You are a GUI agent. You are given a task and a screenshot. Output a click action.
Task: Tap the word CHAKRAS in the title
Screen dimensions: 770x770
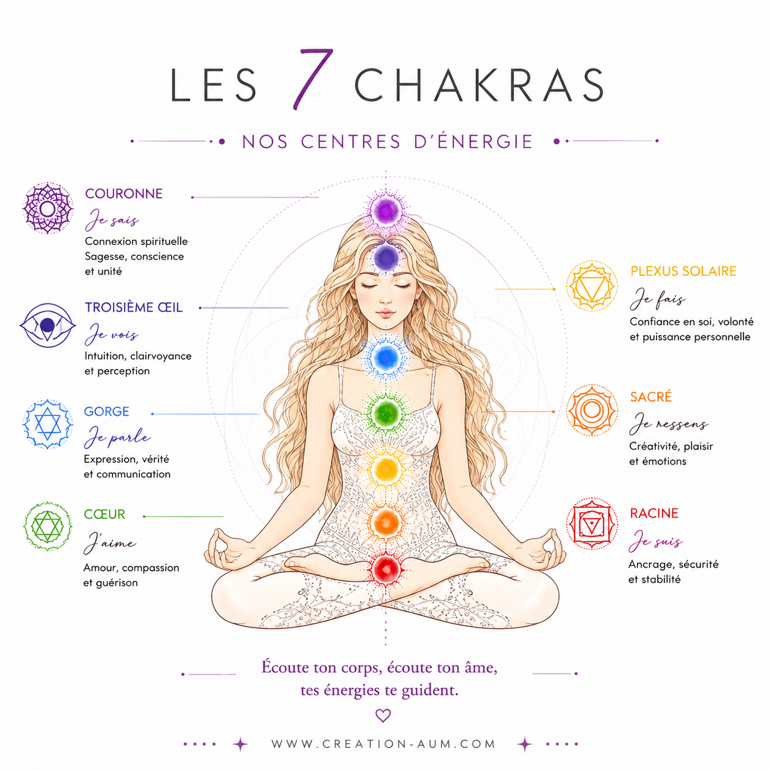tap(479, 85)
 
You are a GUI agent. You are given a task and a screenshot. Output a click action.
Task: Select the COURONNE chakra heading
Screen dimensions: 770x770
tap(124, 194)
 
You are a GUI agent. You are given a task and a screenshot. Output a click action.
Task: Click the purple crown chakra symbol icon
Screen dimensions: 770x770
tap(47, 208)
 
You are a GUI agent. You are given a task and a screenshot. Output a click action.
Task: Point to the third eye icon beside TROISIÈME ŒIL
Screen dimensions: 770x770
tap(47, 325)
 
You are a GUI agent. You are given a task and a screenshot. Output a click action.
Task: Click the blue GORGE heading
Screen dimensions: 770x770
tap(106, 411)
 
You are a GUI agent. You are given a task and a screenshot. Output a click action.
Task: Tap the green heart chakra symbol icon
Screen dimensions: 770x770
tap(47, 526)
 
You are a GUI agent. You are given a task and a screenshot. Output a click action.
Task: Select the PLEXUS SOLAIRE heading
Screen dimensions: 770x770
tap(683, 271)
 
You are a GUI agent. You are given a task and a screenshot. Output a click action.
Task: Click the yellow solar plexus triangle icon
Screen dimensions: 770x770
tap(592, 286)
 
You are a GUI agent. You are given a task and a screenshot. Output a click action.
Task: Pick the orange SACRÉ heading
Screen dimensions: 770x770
tap(651, 397)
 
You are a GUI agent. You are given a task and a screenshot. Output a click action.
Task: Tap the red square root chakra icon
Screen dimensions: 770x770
tap(592, 523)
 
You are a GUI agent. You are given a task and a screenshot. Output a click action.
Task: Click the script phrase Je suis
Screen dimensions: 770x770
tap(655, 541)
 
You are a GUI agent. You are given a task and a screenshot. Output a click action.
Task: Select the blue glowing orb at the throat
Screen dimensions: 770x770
tap(385, 357)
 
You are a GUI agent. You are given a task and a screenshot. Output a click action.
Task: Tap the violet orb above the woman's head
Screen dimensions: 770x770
tap(386, 211)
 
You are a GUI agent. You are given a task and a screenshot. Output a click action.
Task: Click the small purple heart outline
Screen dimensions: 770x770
tap(383, 715)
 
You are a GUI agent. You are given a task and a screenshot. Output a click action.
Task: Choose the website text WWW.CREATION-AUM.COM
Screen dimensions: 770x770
tap(383, 744)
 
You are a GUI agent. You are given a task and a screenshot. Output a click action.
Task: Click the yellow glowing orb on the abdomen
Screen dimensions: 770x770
tap(385, 469)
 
